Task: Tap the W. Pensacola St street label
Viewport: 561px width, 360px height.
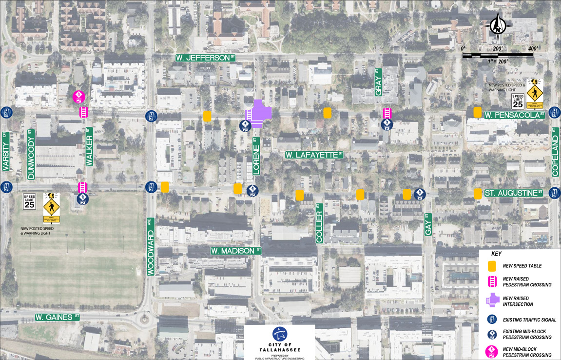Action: point(514,115)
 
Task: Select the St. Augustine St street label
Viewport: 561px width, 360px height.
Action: point(514,194)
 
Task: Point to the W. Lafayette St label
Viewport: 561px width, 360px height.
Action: point(314,155)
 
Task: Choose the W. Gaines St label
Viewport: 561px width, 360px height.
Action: point(57,317)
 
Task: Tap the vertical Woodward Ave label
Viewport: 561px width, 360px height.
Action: point(151,246)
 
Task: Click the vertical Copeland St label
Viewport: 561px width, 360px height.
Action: point(555,152)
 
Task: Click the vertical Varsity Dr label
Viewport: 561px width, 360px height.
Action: point(6,152)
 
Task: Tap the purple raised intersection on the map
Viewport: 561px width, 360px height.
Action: point(258,113)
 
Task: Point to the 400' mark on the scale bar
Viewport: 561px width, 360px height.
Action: point(532,49)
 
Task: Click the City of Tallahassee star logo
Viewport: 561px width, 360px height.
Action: point(280,334)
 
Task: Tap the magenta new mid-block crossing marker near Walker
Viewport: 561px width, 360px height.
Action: point(78,96)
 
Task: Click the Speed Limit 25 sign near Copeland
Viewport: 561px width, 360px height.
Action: point(517,101)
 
